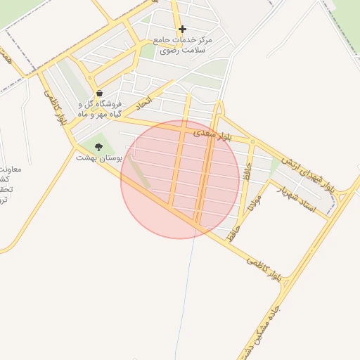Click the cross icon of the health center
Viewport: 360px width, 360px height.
click(182, 30)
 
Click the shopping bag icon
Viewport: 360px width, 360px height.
click(99, 93)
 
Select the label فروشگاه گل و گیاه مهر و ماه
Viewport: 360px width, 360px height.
click(98, 109)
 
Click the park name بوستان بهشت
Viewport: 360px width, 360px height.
click(99, 159)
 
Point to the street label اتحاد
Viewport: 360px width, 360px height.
click(143, 103)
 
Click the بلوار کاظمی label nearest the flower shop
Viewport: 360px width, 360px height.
click(59, 108)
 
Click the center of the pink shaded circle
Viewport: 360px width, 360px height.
click(181, 179)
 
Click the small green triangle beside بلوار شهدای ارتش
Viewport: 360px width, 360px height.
click(274, 166)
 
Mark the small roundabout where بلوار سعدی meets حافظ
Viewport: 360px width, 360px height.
click(251, 142)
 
